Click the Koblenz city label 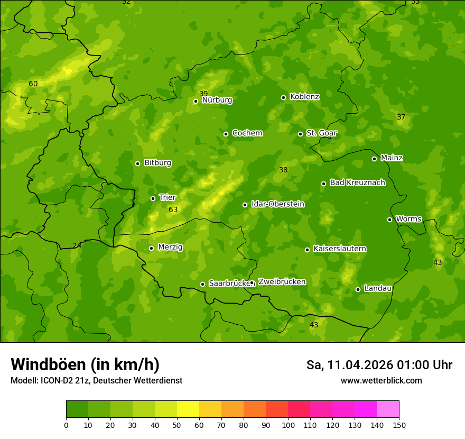click(x=304, y=97)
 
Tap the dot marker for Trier click(x=153, y=198)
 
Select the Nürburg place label click(x=217, y=100)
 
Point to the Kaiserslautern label click(x=340, y=249)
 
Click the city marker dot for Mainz click(x=374, y=159)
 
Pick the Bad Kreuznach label click(x=357, y=182)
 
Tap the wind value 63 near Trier click(x=173, y=210)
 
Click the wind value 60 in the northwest click(x=33, y=84)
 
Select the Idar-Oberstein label click(x=277, y=204)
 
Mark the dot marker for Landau click(x=358, y=289)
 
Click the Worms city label click(x=408, y=219)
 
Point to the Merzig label click(x=170, y=247)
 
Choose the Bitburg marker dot click(x=137, y=163)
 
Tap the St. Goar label click(x=321, y=133)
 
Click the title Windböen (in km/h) click(x=85, y=364)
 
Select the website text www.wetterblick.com click(x=381, y=380)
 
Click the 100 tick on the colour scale click(x=288, y=425)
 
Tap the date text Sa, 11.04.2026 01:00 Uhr click(x=379, y=365)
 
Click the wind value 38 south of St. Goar click(x=283, y=170)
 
